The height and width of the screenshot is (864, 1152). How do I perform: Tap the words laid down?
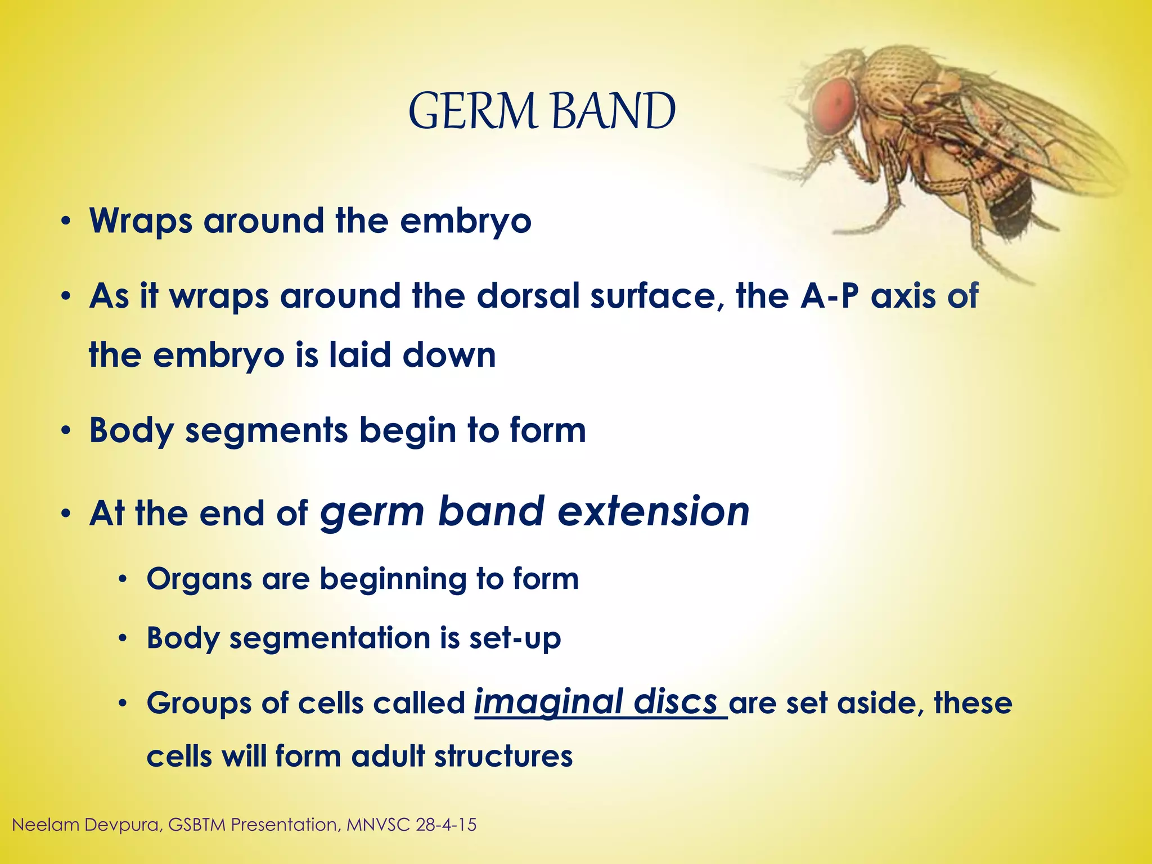(412, 355)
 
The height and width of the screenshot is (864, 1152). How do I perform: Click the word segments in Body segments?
(267, 431)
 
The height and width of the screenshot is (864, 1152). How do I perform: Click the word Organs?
(199, 579)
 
